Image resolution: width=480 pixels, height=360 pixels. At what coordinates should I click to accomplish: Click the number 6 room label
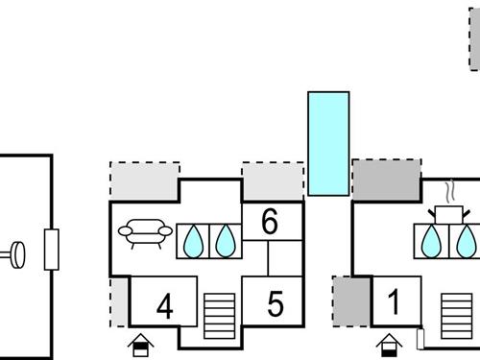270,223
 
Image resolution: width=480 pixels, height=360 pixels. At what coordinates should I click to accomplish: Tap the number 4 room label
164,307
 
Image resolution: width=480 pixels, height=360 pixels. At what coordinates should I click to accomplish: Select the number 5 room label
276,305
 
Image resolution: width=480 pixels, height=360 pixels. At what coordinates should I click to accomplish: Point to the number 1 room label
393,303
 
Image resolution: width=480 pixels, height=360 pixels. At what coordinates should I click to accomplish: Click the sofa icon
142,232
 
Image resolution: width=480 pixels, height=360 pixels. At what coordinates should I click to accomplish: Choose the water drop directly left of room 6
225,241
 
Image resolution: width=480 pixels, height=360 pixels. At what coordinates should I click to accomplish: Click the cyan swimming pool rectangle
327,144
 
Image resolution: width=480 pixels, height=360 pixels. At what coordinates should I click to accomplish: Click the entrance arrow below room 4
140,343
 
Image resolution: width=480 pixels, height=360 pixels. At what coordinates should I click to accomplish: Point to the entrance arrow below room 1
390,343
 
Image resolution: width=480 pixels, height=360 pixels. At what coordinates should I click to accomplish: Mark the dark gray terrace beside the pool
387,180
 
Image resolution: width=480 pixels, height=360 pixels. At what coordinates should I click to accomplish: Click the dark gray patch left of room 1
344,300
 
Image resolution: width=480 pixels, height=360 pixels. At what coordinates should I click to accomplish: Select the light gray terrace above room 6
272,180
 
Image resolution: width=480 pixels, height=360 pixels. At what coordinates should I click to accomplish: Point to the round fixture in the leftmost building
17,255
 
